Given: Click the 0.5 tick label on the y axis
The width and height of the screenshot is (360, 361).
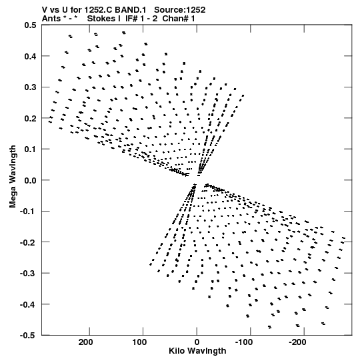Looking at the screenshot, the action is click(x=30, y=25).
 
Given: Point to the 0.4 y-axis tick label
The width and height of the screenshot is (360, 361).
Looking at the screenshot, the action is click(x=30, y=56).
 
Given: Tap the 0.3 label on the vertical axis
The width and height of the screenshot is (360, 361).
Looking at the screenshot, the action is click(x=30, y=87).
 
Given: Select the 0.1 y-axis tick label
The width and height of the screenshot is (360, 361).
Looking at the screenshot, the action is click(x=30, y=149).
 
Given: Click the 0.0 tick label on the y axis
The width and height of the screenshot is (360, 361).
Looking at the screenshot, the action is click(x=30, y=180).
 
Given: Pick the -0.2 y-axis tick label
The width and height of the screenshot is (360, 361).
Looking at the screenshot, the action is click(x=28, y=242).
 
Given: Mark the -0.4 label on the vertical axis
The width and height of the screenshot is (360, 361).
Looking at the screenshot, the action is click(x=28, y=304).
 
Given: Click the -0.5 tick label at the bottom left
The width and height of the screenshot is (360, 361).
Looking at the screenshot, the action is click(x=28, y=336).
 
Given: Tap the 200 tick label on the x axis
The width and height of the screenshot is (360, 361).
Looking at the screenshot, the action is click(x=85, y=342).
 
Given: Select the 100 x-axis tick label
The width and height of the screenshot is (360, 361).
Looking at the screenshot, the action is click(x=139, y=342).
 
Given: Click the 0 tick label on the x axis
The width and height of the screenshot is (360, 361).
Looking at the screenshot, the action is click(x=197, y=342).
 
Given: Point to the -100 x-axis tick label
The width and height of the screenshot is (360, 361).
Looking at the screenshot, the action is click(x=244, y=342).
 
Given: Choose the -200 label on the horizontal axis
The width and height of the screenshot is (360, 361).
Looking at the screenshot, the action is click(x=297, y=342).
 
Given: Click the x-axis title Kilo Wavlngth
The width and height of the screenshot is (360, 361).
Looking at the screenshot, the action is click(x=197, y=351).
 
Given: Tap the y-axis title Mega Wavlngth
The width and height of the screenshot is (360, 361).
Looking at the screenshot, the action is click(x=13, y=177).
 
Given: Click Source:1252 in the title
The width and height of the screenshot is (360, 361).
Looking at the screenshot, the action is click(x=180, y=10).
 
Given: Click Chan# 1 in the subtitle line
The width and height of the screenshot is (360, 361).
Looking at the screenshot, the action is click(x=179, y=19).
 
